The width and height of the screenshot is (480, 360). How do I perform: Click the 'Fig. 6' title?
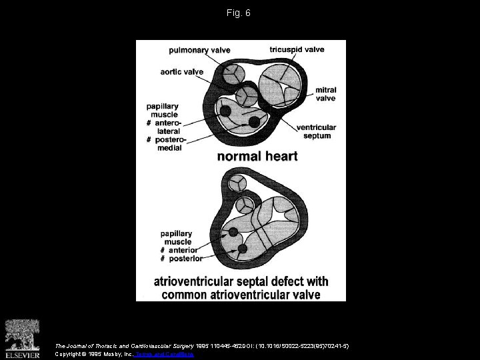pos(239,13)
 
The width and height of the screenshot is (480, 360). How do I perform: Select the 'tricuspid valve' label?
pos(297,49)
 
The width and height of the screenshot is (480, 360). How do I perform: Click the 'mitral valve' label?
pos(325,94)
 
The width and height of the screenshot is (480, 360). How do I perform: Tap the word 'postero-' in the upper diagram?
pos(171,140)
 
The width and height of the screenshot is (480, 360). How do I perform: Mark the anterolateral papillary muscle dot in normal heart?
pos(226,111)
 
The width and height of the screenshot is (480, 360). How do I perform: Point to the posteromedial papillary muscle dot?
pos(253,121)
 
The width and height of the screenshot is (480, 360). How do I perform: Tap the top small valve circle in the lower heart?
pos(237,183)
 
